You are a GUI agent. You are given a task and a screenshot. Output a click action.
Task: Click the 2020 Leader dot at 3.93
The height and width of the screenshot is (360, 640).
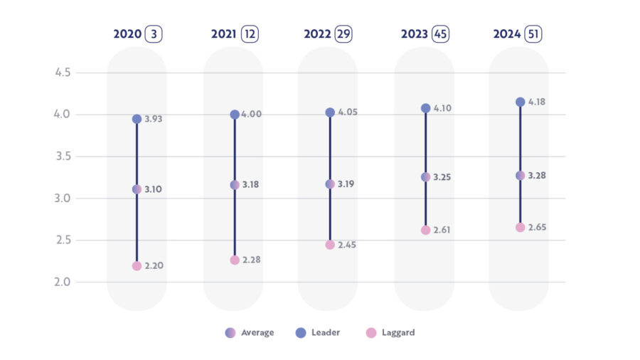137,119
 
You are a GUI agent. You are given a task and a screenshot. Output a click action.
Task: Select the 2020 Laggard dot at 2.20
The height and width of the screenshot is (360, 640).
137,265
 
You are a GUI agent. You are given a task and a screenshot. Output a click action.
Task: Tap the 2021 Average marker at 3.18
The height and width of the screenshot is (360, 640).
235,185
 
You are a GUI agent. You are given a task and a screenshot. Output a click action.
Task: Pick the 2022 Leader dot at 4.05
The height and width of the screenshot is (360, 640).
330,112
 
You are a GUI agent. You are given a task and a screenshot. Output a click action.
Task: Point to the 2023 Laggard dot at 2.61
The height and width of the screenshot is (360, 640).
425,230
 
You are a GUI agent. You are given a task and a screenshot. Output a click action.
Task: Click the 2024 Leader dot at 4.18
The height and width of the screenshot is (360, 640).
520,102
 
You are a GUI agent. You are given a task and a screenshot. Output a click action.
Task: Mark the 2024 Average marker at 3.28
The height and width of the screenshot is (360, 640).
520,175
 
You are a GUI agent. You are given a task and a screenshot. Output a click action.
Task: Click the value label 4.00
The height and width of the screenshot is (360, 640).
251,114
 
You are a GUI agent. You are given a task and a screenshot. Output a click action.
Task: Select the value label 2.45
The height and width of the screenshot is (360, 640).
346,245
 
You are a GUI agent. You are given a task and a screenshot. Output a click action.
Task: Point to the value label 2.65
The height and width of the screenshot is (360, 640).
537,227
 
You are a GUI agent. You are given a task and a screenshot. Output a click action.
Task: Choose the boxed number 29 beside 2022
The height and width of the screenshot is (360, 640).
344,34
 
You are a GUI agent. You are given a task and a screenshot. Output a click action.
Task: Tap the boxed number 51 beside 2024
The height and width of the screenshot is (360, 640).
533,34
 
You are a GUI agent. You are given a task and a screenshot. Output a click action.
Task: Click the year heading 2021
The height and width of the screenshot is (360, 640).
223,34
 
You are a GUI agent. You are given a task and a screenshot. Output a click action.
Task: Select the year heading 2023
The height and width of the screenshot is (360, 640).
414,34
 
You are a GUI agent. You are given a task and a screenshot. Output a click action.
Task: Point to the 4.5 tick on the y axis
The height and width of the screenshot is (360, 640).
63,73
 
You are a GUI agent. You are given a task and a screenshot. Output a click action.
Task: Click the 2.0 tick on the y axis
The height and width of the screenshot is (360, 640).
63,282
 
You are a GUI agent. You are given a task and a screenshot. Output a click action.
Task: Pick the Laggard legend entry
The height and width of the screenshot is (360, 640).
390,332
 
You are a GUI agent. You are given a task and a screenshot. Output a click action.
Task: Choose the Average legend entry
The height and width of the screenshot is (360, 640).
250,332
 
